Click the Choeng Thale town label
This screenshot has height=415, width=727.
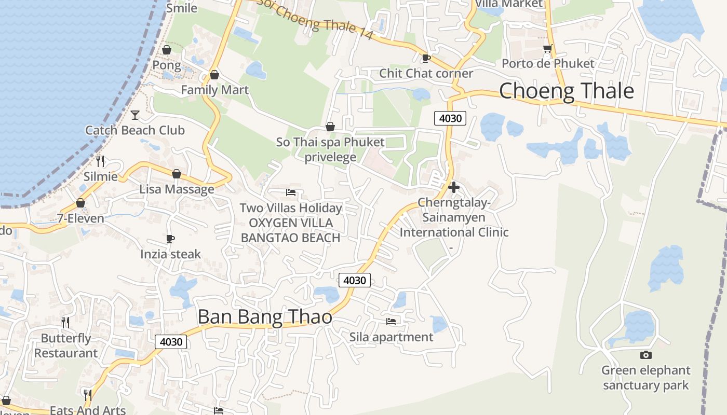click(x=566, y=91)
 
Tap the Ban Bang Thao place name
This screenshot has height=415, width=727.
click(x=265, y=316)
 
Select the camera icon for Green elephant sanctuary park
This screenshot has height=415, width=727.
click(x=646, y=355)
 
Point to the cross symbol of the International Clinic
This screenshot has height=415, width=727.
click(x=454, y=187)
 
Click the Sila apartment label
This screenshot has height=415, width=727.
click(x=391, y=337)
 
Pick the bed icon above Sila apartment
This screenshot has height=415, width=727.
click(x=391, y=322)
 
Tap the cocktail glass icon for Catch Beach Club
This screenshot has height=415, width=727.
click(x=135, y=115)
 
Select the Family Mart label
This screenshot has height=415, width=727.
click(x=214, y=90)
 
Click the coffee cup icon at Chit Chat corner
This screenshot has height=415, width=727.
click(x=426, y=58)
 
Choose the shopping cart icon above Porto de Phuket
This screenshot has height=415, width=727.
click(x=547, y=49)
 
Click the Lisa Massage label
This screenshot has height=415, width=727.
click(x=177, y=189)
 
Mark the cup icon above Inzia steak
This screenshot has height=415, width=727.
click(x=170, y=239)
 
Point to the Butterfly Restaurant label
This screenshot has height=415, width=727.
click(x=66, y=345)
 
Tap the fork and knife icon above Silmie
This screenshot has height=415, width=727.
click(x=100, y=161)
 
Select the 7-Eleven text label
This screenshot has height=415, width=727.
click(x=80, y=218)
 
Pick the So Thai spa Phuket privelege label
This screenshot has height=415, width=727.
click(x=330, y=149)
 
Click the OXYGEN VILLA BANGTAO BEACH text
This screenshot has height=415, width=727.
click(x=291, y=230)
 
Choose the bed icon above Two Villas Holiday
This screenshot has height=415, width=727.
click(x=291, y=192)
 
